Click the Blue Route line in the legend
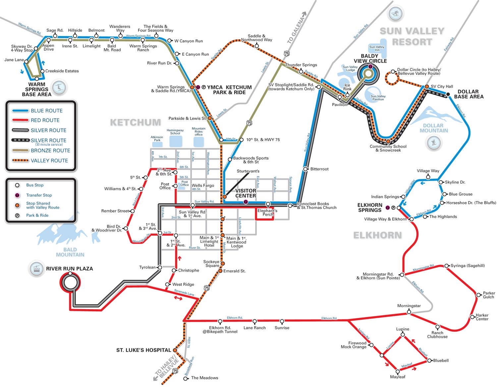click(20, 111)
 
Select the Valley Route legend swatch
click(20, 160)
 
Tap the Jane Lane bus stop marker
click(26, 62)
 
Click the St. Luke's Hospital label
click(143, 350)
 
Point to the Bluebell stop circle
click(429, 360)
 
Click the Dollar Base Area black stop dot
click(448, 94)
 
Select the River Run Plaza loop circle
click(70, 283)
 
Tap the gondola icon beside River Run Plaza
click(36, 269)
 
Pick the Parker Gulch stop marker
click(478, 295)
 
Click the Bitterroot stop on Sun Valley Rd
click(305, 169)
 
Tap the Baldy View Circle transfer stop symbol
click(370, 67)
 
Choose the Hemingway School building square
click(176, 141)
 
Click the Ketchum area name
click(136, 122)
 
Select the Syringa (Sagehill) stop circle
click(446, 266)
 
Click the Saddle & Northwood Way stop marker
click(257, 46)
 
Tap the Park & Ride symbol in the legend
click(17, 215)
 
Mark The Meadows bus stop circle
click(186, 379)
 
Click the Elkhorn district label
click(377, 235)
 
